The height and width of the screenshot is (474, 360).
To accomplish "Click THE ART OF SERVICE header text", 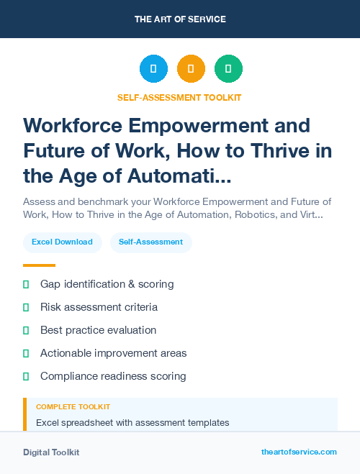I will pyautogui.click(x=180, y=19).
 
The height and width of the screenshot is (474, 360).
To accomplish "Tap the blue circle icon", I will pyautogui.click(x=153, y=69).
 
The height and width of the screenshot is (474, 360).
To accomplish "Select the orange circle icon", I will pyautogui.click(x=191, y=69).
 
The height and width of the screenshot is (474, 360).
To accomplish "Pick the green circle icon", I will pyautogui.click(x=228, y=69).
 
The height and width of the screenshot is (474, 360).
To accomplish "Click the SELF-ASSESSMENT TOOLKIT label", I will pyautogui.click(x=180, y=97).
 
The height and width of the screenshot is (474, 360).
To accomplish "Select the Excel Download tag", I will pyautogui.click(x=62, y=242).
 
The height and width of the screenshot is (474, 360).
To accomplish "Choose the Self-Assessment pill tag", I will pyautogui.click(x=150, y=242).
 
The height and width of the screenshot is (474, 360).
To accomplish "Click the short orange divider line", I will pyautogui.click(x=39, y=265).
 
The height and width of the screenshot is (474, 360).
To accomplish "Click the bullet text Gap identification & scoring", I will pyautogui.click(x=107, y=284).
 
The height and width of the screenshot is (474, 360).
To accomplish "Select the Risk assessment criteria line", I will pyautogui.click(x=99, y=307).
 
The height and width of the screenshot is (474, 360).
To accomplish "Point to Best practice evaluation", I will pyautogui.click(x=98, y=330).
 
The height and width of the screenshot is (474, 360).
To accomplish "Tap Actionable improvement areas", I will pyautogui.click(x=113, y=353).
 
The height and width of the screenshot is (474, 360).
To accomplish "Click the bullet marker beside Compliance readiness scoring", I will pyautogui.click(x=26, y=376).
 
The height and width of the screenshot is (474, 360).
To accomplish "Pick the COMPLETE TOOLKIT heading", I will pyautogui.click(x=73, y=407).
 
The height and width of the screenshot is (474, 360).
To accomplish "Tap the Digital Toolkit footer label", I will pyautogui.click(x=51, y=452).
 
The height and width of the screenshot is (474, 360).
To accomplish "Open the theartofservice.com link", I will pyautogui.click(x=299, y=452).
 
